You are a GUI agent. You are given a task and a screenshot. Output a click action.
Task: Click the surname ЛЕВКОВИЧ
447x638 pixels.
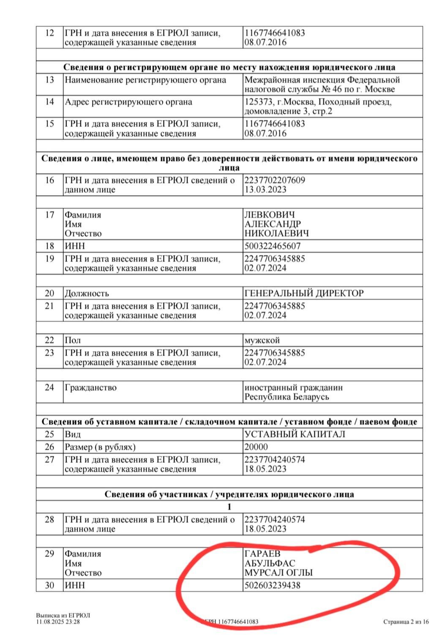(x=270, y=215)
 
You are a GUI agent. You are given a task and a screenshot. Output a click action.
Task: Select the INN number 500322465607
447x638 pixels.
(x=272, y=246)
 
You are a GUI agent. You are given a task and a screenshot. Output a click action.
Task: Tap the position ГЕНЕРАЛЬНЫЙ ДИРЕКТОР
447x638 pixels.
(x=303, y=293)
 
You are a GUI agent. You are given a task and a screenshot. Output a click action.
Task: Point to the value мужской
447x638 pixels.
(x=262, y=340)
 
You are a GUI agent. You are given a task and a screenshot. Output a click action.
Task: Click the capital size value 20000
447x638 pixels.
(x=256, y=447)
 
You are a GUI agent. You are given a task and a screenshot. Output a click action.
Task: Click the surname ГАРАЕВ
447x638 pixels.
(x=262, y=554)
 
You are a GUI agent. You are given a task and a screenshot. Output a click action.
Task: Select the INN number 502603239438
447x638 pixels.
(x=272, y=585)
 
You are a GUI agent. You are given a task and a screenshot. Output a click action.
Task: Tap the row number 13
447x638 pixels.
(x=49, y=80)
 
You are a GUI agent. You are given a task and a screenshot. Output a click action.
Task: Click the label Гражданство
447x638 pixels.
(x=90, y=387)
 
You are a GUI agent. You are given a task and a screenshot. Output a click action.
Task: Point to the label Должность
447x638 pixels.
(x=87, y=293)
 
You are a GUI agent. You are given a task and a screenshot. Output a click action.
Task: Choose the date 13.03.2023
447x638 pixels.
(x=265, y=189)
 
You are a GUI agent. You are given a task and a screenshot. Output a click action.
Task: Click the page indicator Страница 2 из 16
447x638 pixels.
(x=406, y=622)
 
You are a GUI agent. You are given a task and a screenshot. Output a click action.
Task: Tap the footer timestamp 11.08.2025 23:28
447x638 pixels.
(x=57, y=622)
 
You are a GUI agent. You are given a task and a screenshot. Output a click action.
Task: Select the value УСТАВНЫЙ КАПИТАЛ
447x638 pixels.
(x=294, y=434)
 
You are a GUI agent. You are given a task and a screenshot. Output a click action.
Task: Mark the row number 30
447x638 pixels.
(x=49, y=585)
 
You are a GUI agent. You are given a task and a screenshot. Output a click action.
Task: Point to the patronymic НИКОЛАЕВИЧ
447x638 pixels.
(x=276, y=233)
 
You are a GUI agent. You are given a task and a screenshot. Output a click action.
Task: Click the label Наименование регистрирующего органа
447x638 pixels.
(x=145, y=80)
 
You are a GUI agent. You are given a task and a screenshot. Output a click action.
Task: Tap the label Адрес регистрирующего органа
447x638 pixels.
(x=128, y=102)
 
